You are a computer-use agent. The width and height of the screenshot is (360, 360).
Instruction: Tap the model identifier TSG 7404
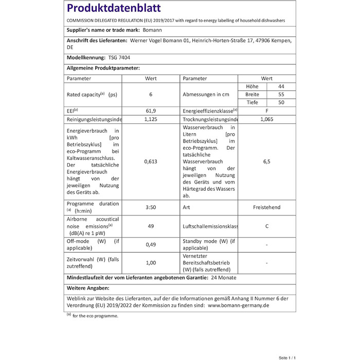[119, 58]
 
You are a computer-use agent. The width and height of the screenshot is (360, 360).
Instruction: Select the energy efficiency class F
[266, 111]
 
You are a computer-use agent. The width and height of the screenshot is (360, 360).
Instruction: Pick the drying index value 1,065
[266, 119]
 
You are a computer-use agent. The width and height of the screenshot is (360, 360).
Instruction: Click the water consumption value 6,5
[266, 161]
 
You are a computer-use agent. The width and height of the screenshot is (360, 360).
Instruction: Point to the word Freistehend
[266, 207]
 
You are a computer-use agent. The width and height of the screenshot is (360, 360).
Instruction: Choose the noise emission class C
[266, 226]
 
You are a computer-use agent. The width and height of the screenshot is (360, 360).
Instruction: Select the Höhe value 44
[281, 86]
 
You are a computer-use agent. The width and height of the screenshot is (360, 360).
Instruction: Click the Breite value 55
[281, 95]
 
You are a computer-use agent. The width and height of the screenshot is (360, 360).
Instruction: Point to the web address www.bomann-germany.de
[238, 305]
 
